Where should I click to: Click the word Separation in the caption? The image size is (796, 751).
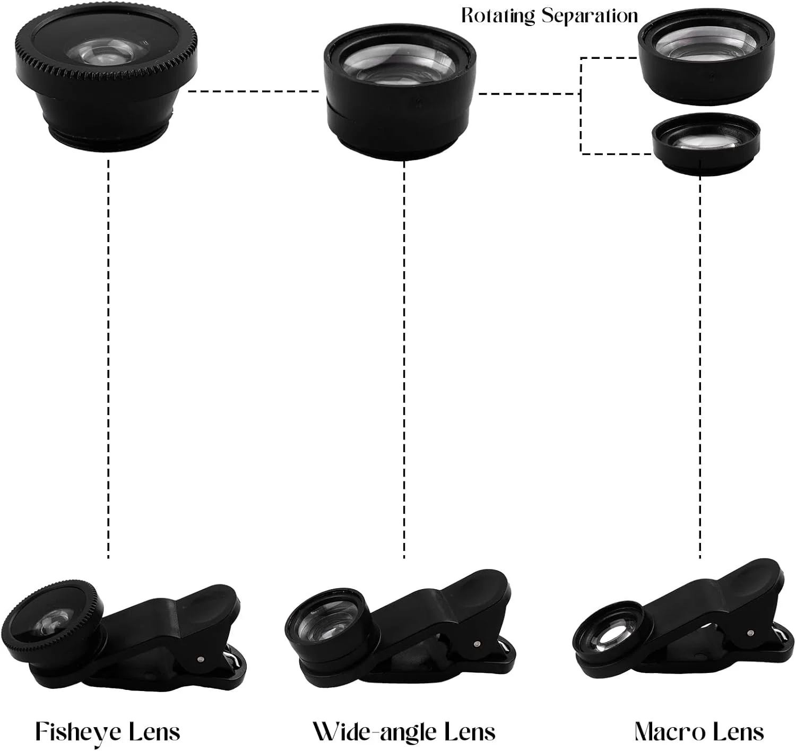(x=590, y=16)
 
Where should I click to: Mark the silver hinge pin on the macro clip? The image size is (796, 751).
(x=750, y=633)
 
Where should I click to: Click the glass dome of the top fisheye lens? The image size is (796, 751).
(x=106, y=53)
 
